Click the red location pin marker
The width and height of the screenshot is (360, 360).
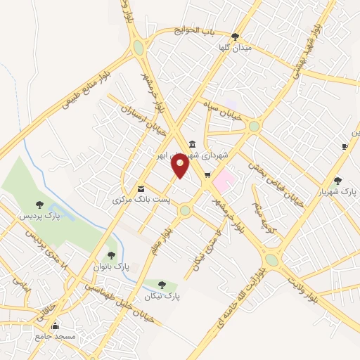181,166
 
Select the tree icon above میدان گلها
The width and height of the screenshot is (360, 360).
235,37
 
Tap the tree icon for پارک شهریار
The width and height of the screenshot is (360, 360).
338,180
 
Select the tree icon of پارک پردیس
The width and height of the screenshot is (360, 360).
39,204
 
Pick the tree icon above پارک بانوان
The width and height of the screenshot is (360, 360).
111,255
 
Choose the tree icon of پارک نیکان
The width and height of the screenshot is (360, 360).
162,285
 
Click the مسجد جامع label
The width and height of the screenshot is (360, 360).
56,337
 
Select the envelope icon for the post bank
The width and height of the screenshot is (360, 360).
141,188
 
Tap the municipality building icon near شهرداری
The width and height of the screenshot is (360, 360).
193,143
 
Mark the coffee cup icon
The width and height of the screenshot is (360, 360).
345,146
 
